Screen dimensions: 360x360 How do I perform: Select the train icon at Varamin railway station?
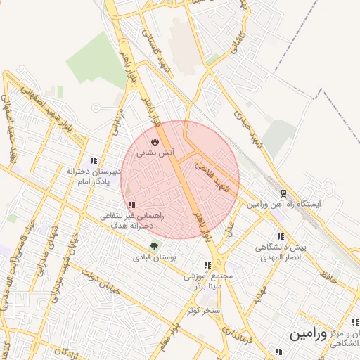(283, 193)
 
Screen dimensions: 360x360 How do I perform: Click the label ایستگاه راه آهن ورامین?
(283, 204)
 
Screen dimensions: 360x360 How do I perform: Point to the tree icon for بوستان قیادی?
(154, 246)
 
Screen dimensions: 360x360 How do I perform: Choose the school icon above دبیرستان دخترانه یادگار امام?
(94, 160)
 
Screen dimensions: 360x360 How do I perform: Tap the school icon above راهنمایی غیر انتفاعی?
(132, 205)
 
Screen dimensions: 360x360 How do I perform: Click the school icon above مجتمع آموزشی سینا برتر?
(207, 266)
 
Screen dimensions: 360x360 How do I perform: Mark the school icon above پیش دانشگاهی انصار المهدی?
(281, 236)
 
